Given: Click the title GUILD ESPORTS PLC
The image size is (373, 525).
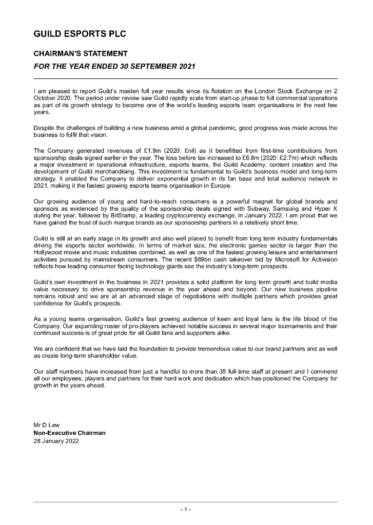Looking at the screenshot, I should click(80, 34).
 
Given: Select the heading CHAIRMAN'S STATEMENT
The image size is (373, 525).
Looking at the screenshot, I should click(81, 53).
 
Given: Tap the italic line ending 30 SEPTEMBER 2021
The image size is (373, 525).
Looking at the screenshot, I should click(114, 67).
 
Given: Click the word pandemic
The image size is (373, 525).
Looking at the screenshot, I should click(210, 128).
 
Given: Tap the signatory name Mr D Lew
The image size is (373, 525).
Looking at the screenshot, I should click(47, 426).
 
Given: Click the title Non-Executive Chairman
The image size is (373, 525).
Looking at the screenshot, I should click(69, 433).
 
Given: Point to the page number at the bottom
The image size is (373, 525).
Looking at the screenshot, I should click(186, 509).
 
